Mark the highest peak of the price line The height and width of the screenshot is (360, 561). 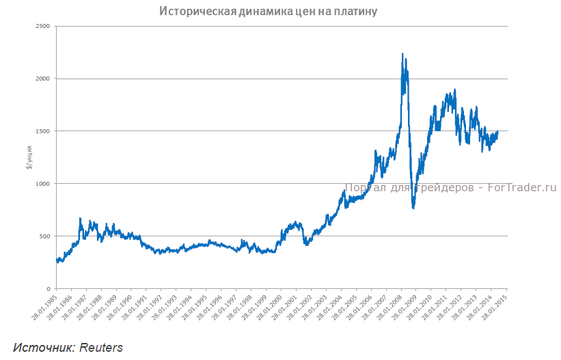point(402,54)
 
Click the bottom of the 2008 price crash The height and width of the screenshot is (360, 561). point(413,208)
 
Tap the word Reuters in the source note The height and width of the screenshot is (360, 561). point(100,347)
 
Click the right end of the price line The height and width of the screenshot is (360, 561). point(497,131)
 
